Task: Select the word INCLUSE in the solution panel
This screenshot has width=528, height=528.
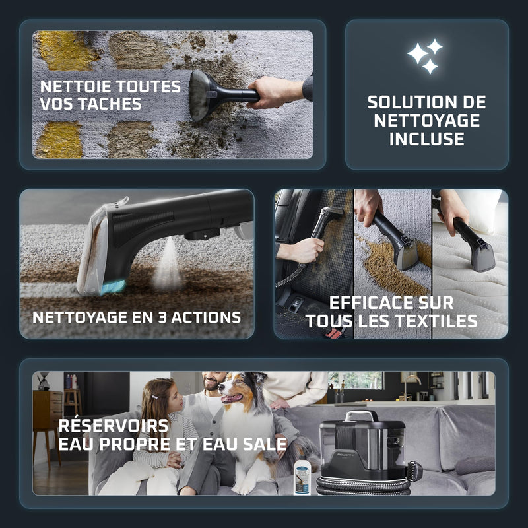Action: (x=426, y=139)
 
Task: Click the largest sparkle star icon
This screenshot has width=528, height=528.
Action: (x=418, y=53)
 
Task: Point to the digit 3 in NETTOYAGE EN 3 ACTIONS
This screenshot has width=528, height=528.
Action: (x=162, y=317)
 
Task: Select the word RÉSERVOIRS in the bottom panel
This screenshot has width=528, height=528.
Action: (x=113, y=425)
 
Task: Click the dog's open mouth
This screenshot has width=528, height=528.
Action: (x=232, y=398)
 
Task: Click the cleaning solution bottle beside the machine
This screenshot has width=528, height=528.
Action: (x=302, y=475)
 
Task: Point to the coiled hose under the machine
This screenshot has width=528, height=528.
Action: (x=364, y=486)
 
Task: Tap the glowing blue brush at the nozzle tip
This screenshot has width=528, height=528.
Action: (x=113, y=288)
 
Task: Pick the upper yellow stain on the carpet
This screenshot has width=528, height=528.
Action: (x=65, y=51)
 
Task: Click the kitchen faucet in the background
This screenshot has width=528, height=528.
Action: (x=411, y=385)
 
